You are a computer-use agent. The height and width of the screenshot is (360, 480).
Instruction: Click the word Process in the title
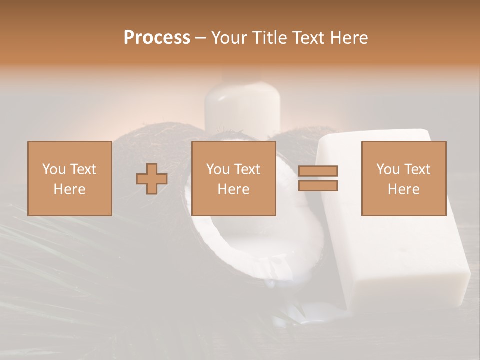157,38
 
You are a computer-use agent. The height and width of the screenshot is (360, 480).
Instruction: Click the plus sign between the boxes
152,179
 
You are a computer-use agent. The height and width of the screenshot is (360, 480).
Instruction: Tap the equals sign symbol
318,178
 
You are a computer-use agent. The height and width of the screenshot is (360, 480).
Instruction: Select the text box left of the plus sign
70,178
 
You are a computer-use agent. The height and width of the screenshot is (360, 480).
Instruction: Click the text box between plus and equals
233,178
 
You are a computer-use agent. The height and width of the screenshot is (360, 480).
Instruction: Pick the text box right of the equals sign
404,178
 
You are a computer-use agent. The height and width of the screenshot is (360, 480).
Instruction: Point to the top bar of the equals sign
318,171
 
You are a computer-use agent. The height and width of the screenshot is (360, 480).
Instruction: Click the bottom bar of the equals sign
318,185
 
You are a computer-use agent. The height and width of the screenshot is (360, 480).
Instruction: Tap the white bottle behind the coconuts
241,107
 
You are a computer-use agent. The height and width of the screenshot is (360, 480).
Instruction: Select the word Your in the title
227,38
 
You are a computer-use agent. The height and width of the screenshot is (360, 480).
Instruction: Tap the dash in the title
200,38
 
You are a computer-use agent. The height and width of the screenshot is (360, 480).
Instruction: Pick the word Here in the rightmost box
404,189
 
